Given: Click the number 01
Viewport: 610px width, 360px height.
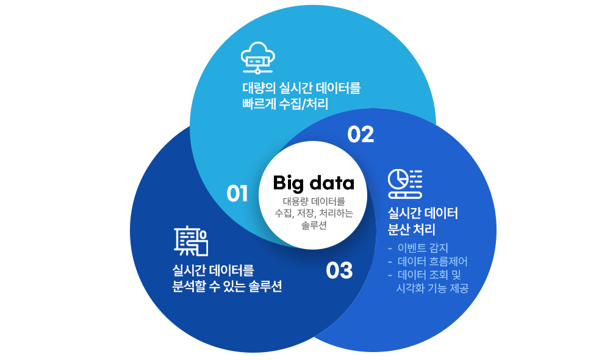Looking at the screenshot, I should click(x=237, y=193).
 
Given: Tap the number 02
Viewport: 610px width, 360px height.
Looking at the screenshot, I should click(x=361, y=134).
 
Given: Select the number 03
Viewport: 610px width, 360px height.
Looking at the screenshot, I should click(x=339, y=270).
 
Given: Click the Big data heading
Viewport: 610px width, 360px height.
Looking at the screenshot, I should click(x=314, y=182).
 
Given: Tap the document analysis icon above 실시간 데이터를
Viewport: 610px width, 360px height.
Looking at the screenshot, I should click(x=191, y=241).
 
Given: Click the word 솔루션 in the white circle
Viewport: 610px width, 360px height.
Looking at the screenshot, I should click(x=314, y=225).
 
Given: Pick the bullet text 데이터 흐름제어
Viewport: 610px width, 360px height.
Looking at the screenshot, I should click(x=432, y=261).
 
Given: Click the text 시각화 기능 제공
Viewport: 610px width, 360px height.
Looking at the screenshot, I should click(x=432, y=288).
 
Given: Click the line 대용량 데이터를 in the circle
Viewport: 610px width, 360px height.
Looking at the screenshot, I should click(x=314, y=201).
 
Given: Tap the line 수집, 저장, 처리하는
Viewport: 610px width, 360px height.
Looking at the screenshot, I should click(x=314, y=213).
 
